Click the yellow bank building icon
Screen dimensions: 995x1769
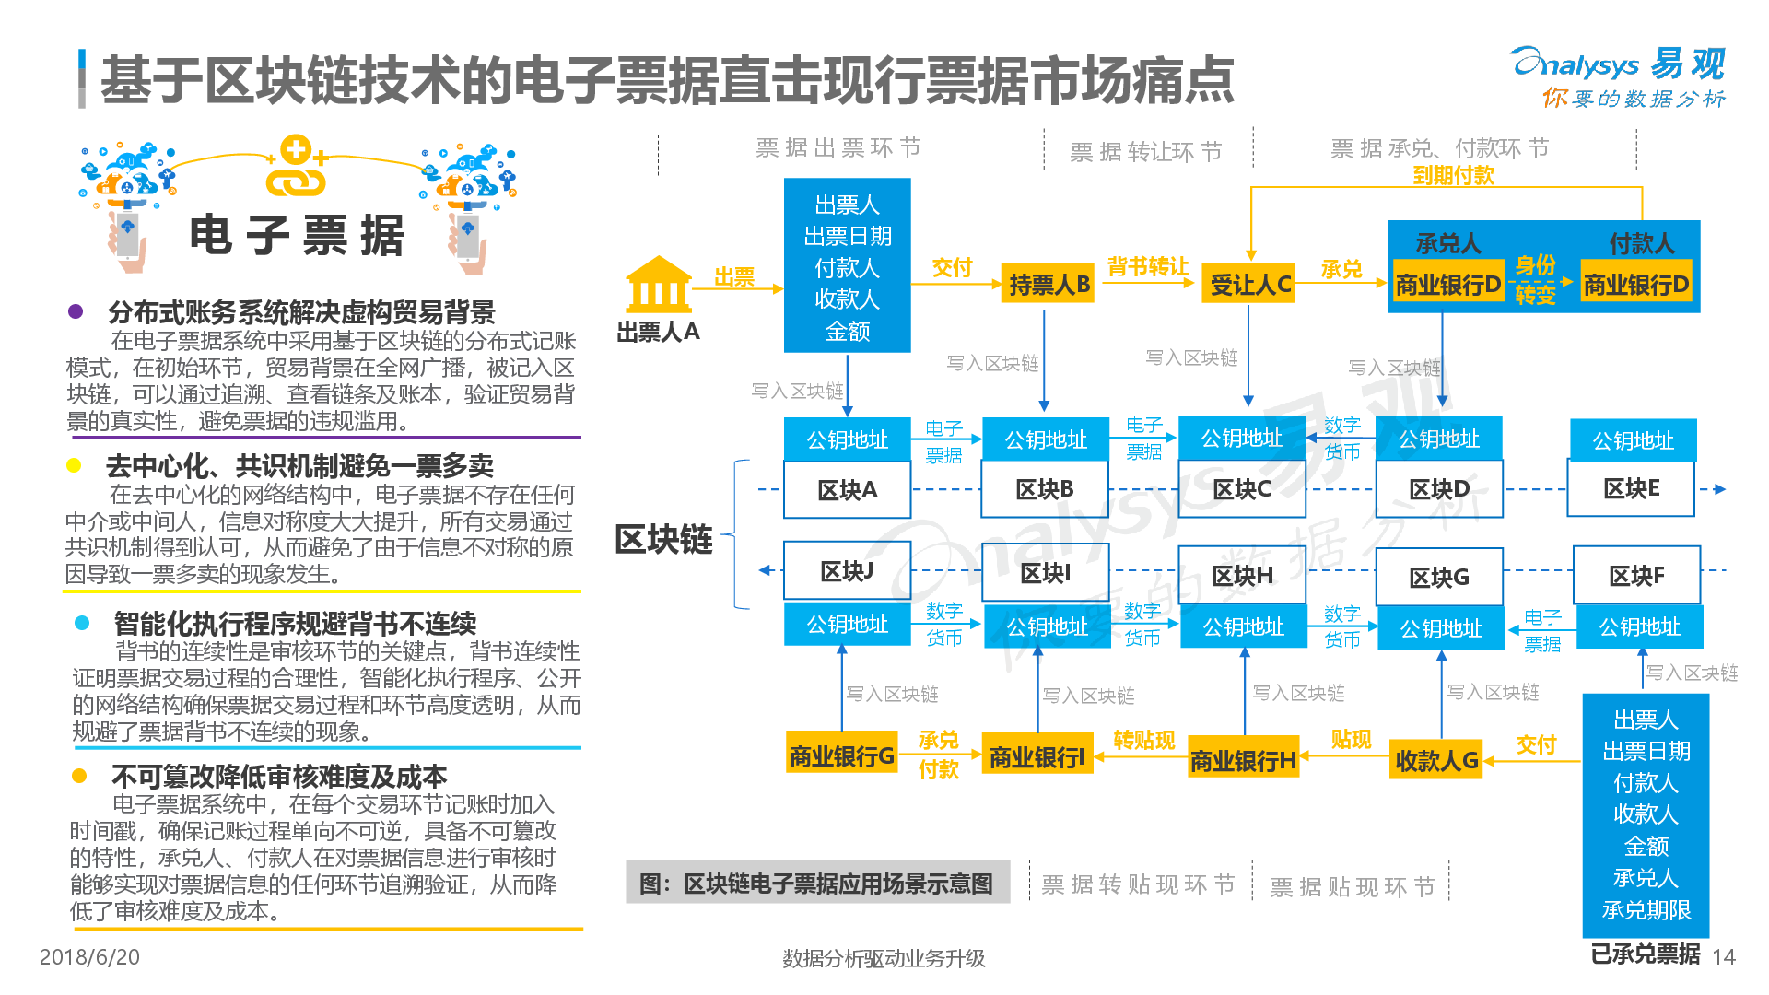[x=658, y=285]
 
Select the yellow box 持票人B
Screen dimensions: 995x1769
[x=1049, y=285]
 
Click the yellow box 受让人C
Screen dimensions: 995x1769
[x=1249, y=285]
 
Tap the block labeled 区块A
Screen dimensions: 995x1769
[x=847, y=490]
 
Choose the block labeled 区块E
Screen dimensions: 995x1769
[x=1631, y=489]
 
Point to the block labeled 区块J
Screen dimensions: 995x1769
[x=847, y=572]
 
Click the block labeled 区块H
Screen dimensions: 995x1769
[x=1242, y=577]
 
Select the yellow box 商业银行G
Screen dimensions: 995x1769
[x=841, y=756]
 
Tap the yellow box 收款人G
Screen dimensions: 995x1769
[x=1435, y=760]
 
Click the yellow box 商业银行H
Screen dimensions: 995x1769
[x=1243, y=760]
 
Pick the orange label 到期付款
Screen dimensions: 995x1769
[x=1453, y=175]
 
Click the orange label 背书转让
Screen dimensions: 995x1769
[x=1147, y=266]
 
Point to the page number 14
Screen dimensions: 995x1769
[x=1723, y=957]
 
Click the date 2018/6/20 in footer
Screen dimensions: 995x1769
[x=89, y=957]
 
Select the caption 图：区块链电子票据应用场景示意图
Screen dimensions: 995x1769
[x=816, y=884]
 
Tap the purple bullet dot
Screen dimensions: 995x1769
[x=76, y=311]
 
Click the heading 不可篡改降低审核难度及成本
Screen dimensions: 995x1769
[x=278, y=777]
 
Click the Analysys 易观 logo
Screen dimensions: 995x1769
[x=1618, y=76]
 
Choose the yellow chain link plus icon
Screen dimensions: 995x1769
[x=296, y=167]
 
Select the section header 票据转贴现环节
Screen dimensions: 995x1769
[x=1138, y=885]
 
